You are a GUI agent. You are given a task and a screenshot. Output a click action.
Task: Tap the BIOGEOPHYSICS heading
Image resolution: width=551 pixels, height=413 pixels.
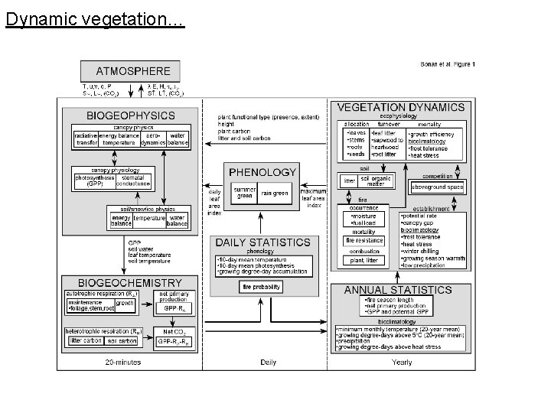[x=130, y=115]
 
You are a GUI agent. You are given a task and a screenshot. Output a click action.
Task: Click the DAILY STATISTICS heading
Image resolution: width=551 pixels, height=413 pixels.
[x=262, y=242]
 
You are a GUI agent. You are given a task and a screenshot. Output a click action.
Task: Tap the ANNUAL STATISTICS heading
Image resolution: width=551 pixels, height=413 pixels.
[x=398, y=291]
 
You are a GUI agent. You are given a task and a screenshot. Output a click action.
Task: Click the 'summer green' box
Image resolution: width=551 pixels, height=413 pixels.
[x=244, y=193]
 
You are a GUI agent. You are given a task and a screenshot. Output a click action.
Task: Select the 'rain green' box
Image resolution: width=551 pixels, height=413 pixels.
[x=275, y=193]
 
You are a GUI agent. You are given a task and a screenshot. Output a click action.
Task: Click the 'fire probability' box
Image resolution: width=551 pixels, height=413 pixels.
[x=261, y=287]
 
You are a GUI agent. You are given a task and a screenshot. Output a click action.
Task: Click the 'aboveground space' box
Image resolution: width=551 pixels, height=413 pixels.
[x=437, y=187]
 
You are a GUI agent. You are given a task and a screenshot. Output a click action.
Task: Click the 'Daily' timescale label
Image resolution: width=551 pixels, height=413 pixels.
[x=268, y=362]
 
